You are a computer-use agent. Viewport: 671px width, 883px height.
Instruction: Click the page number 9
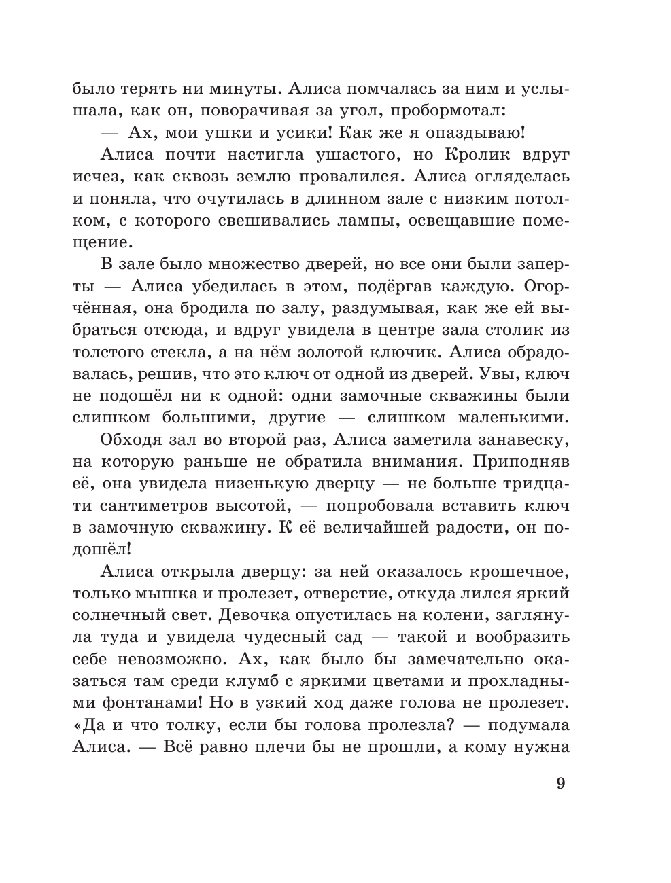(561, 782)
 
